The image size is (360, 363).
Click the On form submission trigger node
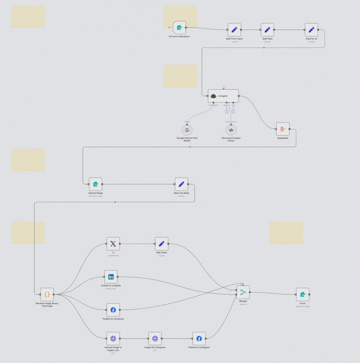(179, 28)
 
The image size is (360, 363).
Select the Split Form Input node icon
(234, 30)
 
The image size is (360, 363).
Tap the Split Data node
(267, 30)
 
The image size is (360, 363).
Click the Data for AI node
(311, 30)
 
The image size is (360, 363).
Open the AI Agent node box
(223, 96)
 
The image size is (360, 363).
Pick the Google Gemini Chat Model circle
(187, 130)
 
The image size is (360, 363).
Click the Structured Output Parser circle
(231, 130)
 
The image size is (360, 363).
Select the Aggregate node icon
(283, 129)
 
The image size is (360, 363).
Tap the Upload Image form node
(96, 184)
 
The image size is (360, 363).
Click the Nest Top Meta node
(181, 184)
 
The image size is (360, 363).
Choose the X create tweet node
(113, 244)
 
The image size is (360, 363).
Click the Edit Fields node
(162, 244)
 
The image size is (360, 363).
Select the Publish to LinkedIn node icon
(111, 277)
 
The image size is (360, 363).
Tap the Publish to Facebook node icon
(113, 310)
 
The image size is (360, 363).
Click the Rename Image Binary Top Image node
(47, 294)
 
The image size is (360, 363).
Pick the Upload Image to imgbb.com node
(113, 338)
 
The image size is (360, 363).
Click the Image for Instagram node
(155, 338)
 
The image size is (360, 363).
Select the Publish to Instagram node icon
(199, 338)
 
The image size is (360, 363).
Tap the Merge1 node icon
(243, 292)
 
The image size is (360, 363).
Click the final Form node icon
(302, 294)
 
